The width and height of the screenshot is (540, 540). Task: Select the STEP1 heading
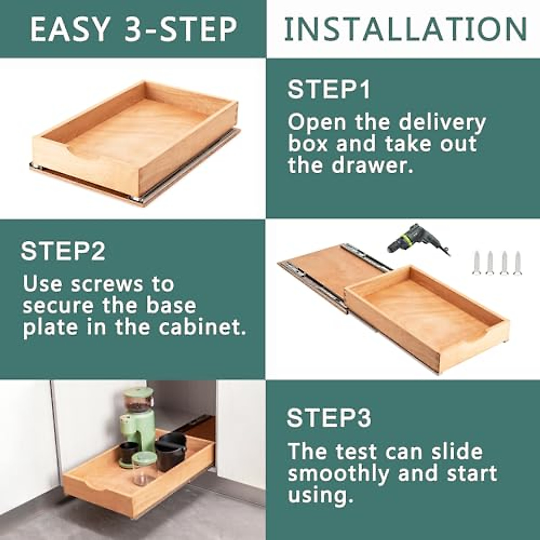click(328, 89)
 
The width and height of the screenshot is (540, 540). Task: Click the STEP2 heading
click(63, 251)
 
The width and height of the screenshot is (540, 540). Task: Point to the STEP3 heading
click(328, 418)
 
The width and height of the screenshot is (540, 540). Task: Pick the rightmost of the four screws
click(517, 263)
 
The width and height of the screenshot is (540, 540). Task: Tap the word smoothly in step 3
click(339, 473)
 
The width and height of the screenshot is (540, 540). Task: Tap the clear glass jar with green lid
click(144, 468)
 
